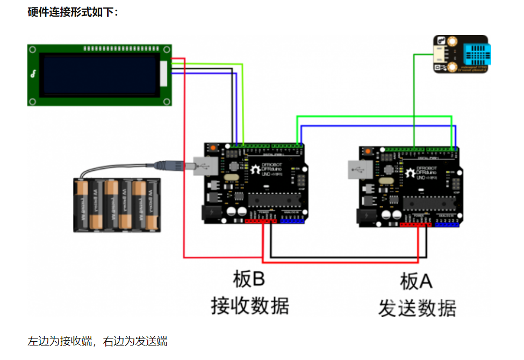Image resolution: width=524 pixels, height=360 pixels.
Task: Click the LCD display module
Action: point(99,75)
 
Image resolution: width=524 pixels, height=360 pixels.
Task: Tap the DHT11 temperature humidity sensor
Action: point(461,54)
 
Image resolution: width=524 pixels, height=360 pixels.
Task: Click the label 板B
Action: point(249,279)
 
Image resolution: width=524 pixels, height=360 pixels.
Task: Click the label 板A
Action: point(416,280)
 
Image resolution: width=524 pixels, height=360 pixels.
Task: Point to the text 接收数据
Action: point(250,305)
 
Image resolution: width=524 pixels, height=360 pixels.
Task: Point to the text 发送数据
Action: point(417,308)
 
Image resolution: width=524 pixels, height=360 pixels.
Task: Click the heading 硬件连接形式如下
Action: point(73,11)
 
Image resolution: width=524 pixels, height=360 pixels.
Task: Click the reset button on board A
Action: point(368,150)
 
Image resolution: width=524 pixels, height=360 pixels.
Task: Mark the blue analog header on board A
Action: point(446,224)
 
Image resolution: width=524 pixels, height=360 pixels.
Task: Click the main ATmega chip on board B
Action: point(275,199)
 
